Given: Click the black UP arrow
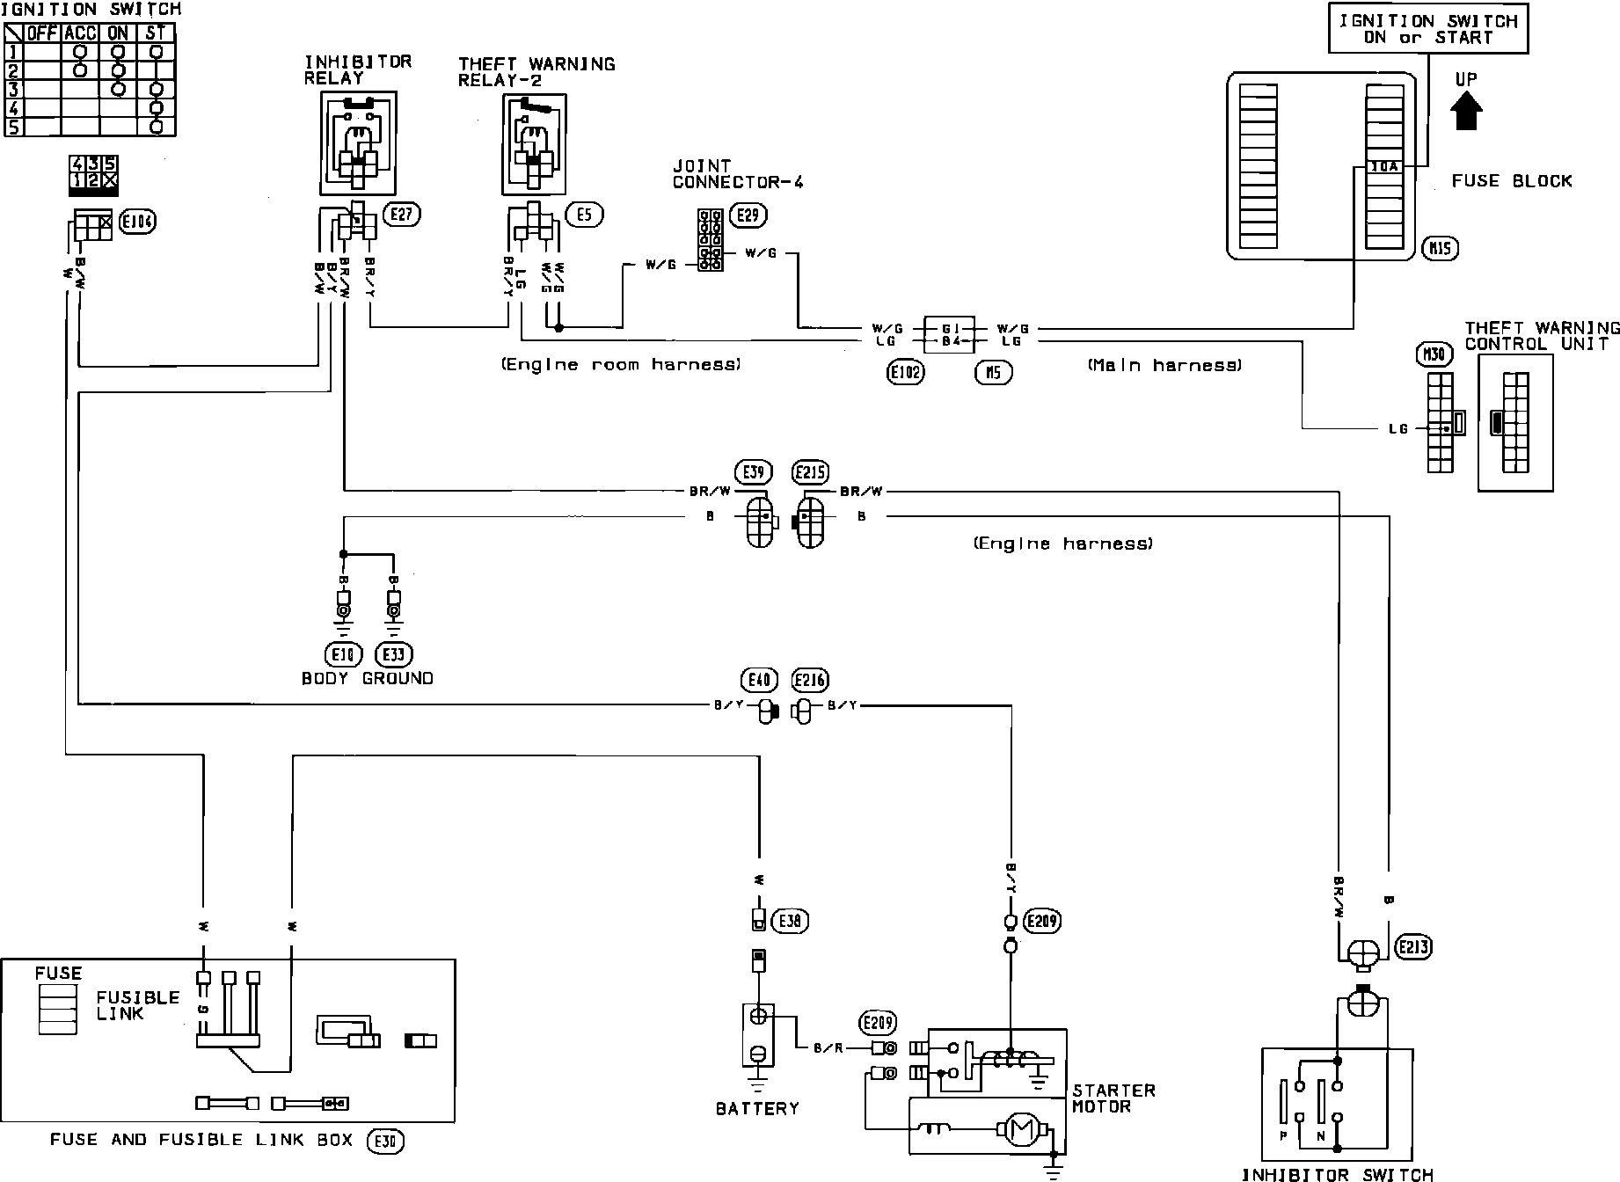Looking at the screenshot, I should (1466, 113).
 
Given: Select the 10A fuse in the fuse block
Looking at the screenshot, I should (1390, 166).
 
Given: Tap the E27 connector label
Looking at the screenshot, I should (403, 213).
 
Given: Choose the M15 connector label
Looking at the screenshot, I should (1440, 249).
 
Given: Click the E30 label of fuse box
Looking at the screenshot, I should (387, 1141).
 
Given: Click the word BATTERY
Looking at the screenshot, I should (757, 1108).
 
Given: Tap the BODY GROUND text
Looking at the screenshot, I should (367, 678).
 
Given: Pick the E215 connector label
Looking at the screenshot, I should (809, 472).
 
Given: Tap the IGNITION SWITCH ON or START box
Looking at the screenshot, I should (1428, 29).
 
